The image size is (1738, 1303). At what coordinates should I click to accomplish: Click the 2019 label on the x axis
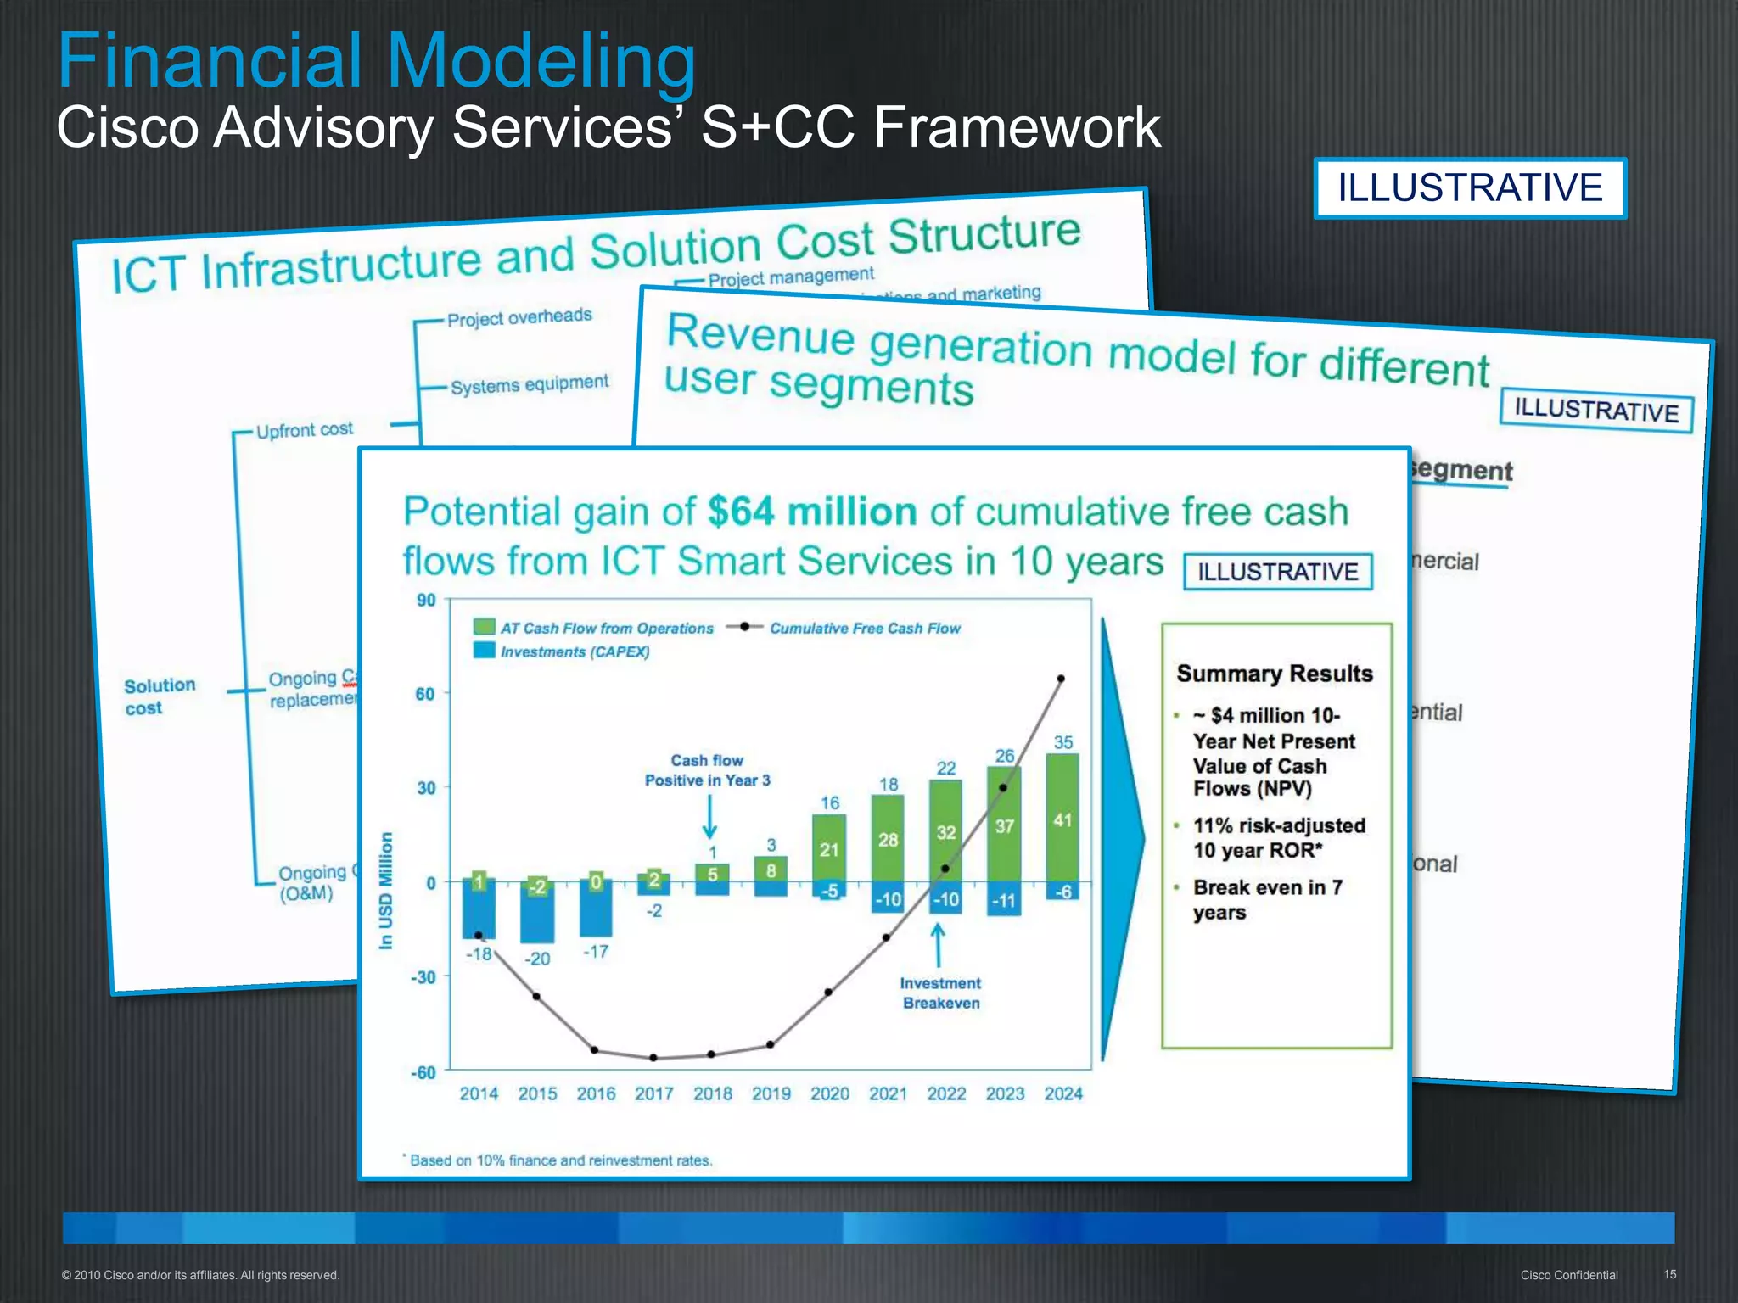[771, 1094]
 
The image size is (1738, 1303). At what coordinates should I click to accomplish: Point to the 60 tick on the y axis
[425, 694]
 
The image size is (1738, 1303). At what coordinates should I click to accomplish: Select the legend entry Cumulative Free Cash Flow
[864, 629]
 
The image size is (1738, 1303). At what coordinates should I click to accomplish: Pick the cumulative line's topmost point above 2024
[1061, 679]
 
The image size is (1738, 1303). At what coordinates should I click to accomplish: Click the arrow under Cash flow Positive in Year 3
[710, 819]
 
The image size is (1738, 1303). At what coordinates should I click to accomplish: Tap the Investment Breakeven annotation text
[940, 993]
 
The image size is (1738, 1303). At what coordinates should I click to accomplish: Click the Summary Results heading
[1274, 674]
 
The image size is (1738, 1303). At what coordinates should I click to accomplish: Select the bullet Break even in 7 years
[1267, 899]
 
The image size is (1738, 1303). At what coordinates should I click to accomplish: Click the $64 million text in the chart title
[811, 512]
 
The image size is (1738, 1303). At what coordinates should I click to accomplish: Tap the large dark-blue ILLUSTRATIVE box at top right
[1470, 187]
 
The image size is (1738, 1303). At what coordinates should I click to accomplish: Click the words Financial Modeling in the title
[377, 61]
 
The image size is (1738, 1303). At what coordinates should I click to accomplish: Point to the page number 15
[1669, 1274]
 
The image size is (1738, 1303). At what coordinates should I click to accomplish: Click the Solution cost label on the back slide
[160, 696]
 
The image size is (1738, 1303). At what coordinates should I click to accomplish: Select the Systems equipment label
[530, 384]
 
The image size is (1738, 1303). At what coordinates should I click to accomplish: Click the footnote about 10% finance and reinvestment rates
[560, 1160]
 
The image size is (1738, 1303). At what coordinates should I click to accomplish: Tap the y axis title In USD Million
[386, 890]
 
